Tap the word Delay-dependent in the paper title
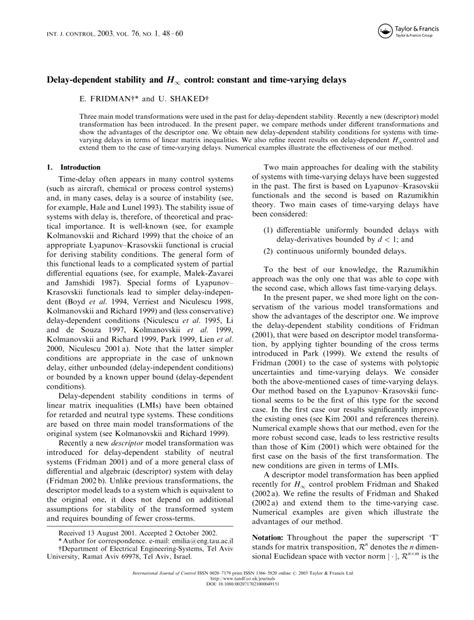pos(86,76)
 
